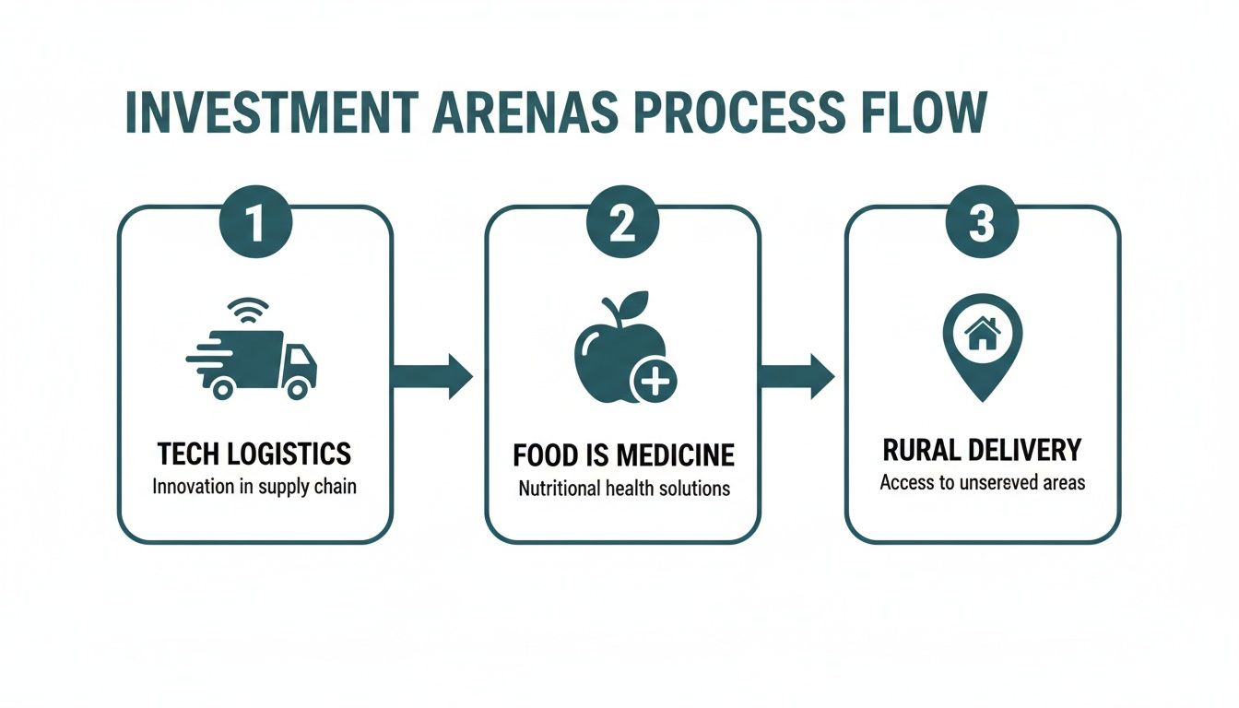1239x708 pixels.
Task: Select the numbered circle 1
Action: [254, 225]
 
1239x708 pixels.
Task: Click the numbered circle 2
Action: [622, 225]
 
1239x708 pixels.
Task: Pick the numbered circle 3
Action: [982, 225]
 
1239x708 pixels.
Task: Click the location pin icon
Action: [983, 347]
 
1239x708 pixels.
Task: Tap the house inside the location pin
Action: [983, 334]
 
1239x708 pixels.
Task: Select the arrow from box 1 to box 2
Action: [432, 376]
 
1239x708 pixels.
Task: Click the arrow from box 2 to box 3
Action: [796, 376]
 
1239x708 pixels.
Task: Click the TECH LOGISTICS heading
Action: [254, 454]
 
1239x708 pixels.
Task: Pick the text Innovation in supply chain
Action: [254, 486]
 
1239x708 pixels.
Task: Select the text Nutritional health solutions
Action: [623, 489]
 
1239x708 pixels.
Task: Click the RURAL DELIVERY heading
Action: [982, 450]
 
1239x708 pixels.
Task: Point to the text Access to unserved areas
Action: [982, 482]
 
